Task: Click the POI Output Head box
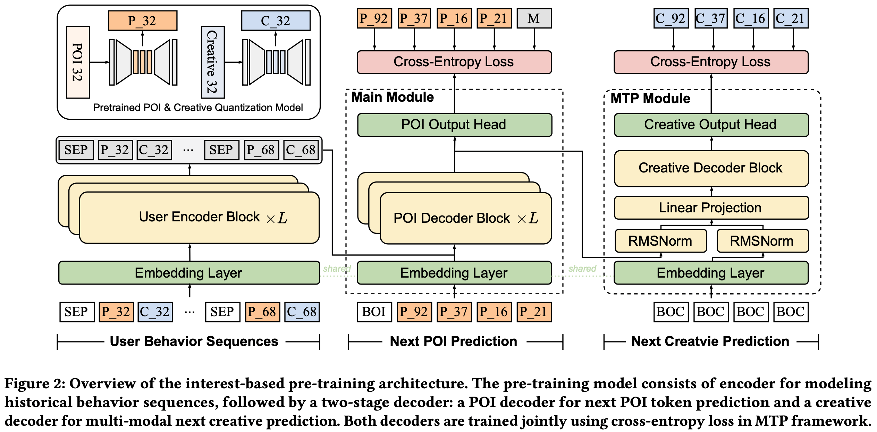(x=454, y=125)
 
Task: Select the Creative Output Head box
(x=711, y=125)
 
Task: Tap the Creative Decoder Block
(x=711, y=168)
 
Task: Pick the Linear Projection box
(x=711, y=207)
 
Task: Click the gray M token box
(x=534, y=18)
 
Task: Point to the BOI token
(x=374, y=312)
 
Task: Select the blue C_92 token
(x=671, y=18)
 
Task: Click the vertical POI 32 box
(x=78, y=62)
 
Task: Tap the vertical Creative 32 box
(x=212, y=62)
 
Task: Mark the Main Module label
(x=393, y=97)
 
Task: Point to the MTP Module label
(x=650, y=99)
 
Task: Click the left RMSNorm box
(x=660, y=241)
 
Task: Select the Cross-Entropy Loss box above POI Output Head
(x=454, y=62)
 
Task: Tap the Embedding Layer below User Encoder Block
(x=189, y=273)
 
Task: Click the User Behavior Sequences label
(x=194, y=341)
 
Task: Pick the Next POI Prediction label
(x=454, y=341)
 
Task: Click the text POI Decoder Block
(x=452, y=218)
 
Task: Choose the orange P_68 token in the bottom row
(x=262, y=312)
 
